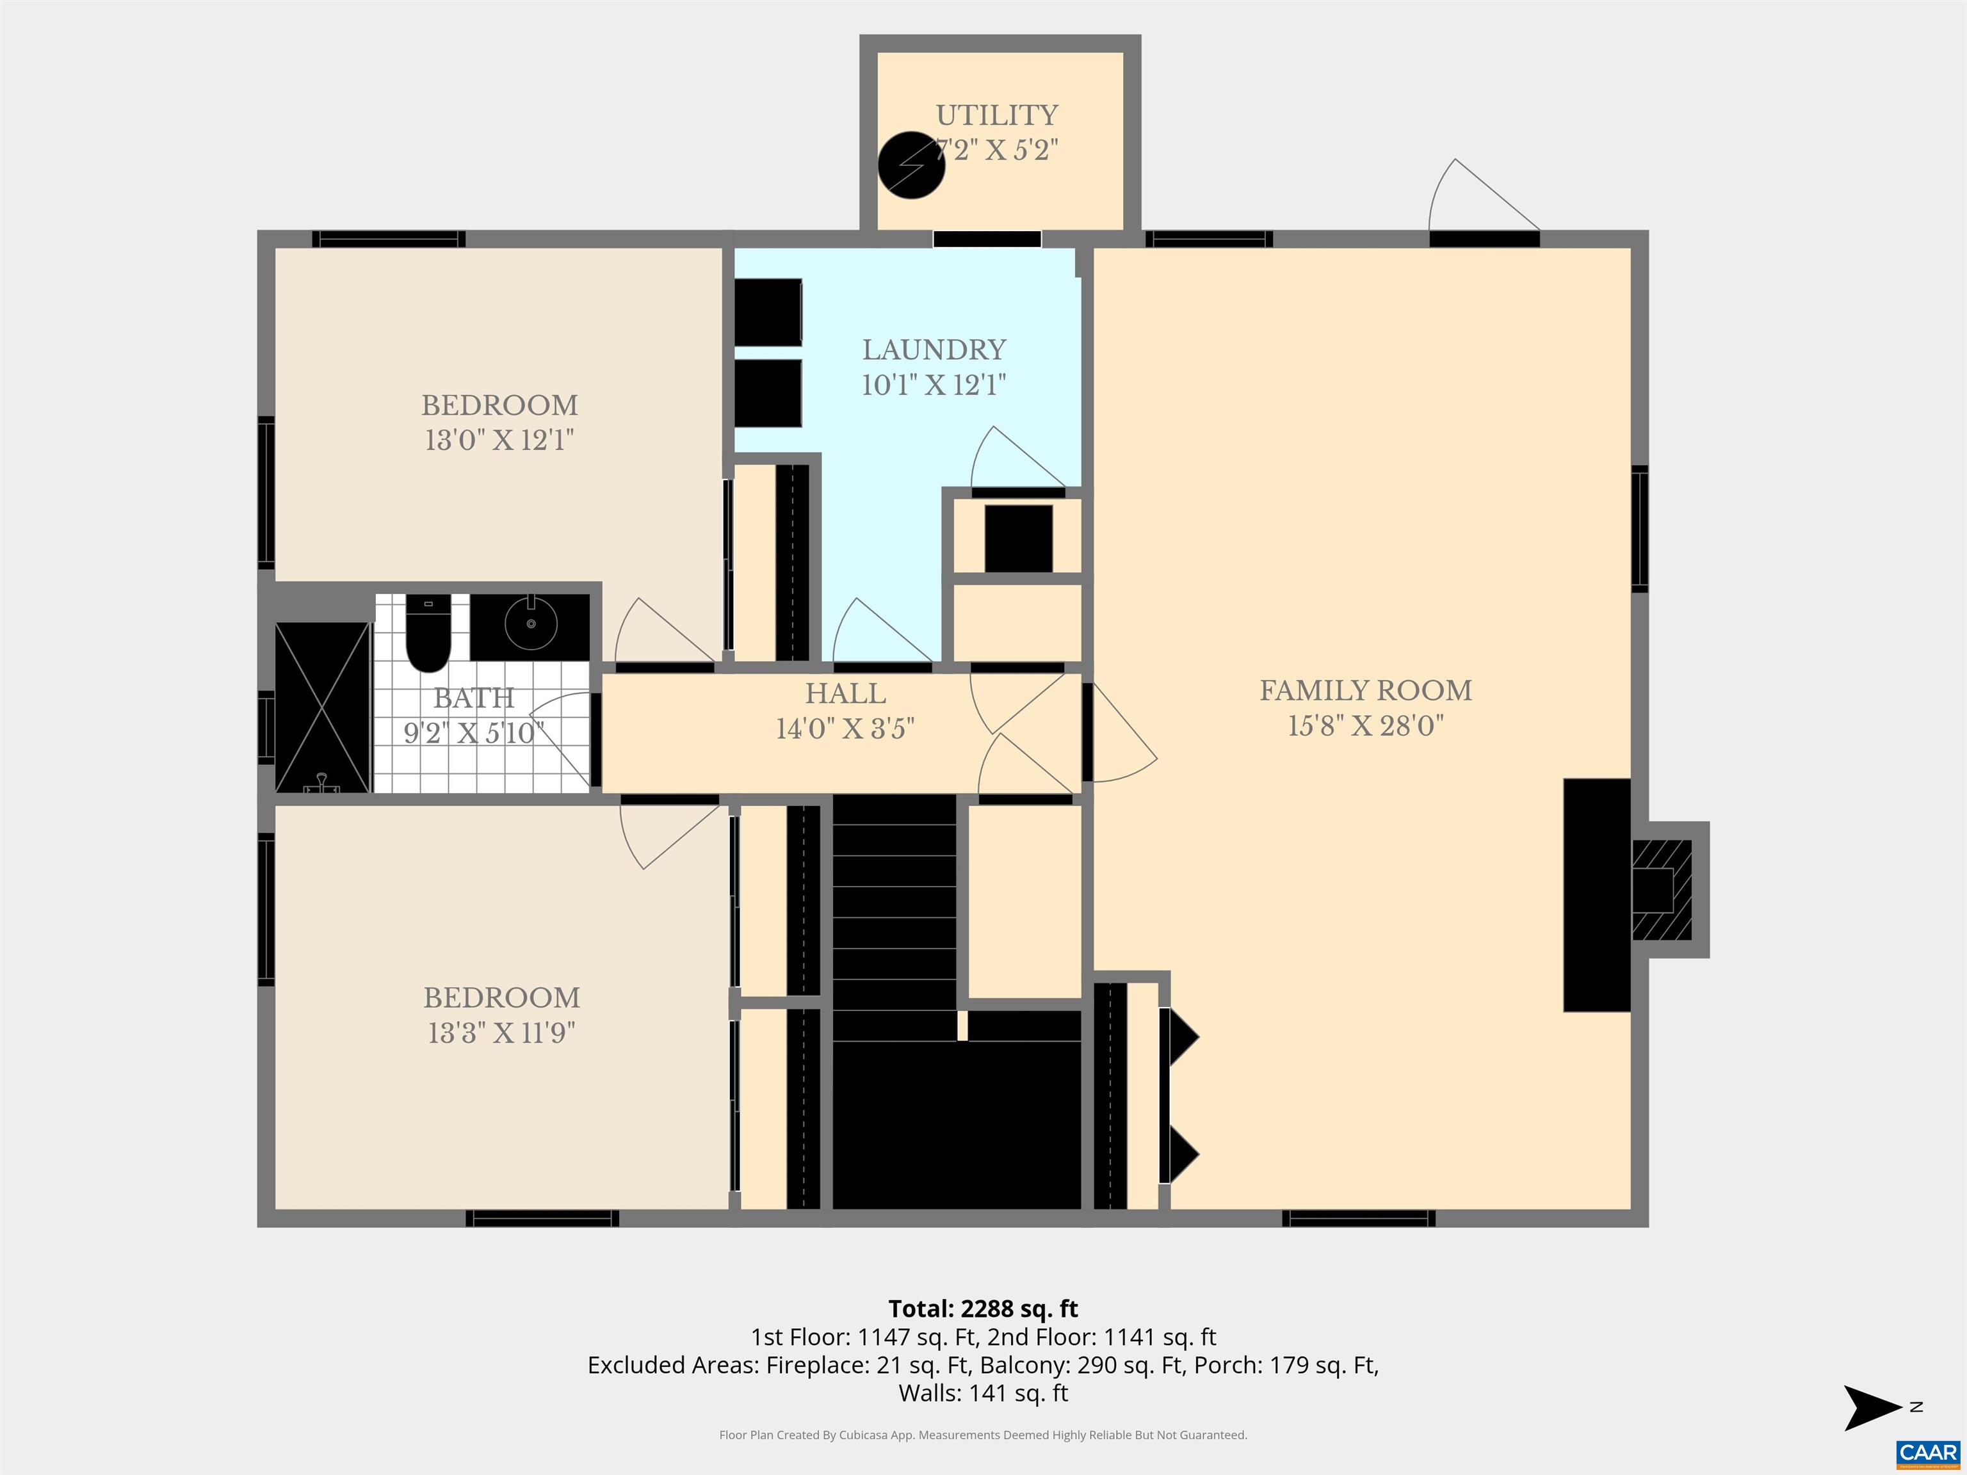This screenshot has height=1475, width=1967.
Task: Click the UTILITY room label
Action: tap(997, 116)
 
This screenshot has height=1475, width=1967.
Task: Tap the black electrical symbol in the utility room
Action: tap(911, 165)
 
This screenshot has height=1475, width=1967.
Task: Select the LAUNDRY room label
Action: tap(934, 350)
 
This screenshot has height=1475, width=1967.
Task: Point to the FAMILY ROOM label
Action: tap(1366, 690)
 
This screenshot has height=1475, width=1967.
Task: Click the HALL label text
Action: tap(845, 693)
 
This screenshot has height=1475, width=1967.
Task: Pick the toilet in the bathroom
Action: tap(428, 633)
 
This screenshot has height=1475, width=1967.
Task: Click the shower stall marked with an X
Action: tap(322, 707)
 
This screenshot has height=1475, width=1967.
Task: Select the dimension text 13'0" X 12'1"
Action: tap(499, 440)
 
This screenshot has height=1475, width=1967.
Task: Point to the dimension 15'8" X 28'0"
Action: tap(1366, 725)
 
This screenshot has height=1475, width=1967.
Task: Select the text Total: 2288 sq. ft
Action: tap(983, 1309)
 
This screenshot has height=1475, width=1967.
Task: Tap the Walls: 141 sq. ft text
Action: tap(983, 1393)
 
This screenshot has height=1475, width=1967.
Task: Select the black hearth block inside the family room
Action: tap(1597, 896)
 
